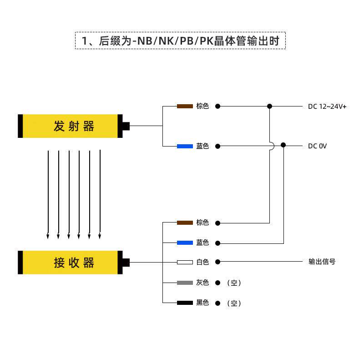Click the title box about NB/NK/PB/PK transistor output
[180, 40]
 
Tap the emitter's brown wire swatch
[185, 106]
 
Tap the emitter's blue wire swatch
[185, 147]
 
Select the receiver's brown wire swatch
[185, 223]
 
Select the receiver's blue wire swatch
[185, 243]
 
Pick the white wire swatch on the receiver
[185, 262]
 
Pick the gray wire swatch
[185, 283]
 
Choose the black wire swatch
[185, 303]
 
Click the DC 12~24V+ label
[327, 106]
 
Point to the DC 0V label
[317, 147]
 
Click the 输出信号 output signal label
[322, 262]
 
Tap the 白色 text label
[202, 262]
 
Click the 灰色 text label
[202, 283]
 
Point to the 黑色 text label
[202, 303]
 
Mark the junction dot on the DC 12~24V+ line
[269, 106]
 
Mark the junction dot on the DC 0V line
[283, 145]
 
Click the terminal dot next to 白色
[218, 262]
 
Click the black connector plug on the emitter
[126, 126]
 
